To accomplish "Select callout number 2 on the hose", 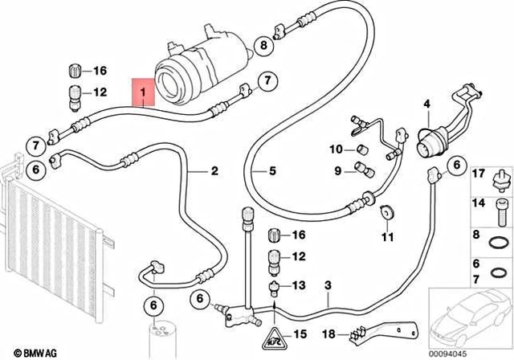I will pos(214,170).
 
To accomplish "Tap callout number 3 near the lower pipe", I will pos(327,286).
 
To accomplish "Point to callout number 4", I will pos(427,104).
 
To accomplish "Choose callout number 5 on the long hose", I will pos(272,170).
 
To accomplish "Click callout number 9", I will pos(338,169).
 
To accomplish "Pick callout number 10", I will pos(337,149).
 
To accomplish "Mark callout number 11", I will pos(386,237).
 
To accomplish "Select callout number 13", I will pos(299,285).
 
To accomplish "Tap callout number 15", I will pos(299,334).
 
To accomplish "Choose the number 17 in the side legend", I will pos(476,174).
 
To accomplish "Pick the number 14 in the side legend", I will pos(476,203).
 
